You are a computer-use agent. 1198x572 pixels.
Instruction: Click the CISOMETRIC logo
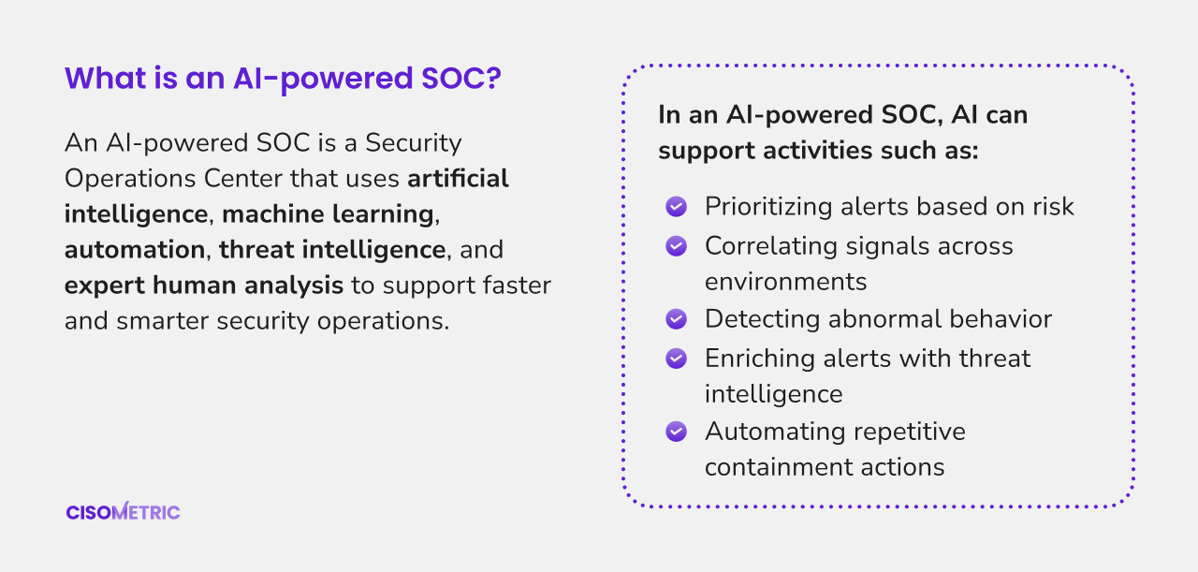click(123, 511)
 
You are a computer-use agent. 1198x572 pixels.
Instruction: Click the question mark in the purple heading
click(493, 78)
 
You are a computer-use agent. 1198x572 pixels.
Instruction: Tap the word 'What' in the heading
click(106, 78)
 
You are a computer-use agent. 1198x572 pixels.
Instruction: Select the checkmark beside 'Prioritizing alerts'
click(676, 207)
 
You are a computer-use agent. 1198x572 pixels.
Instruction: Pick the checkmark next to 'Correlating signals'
click(676, 246)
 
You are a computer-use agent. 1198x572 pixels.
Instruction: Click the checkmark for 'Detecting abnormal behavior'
click(676, 319)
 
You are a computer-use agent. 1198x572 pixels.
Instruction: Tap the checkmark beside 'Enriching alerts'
click(676, 359)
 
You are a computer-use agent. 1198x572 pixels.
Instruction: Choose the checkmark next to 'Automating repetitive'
click(676, 432)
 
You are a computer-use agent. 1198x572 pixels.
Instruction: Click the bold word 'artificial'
click(458, 178)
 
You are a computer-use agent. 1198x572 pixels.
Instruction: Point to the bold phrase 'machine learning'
click(328, 214)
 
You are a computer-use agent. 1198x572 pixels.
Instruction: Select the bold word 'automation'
click(135, 250)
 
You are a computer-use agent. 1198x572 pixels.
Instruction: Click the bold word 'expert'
click(105, 286)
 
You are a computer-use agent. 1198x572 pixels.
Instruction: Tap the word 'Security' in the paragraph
click(414, 143)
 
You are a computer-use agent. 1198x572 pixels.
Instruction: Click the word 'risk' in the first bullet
click(1053, 207)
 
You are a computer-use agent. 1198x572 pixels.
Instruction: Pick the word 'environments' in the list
click(785, 282)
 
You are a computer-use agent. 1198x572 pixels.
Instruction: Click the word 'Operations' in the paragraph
click(130, 179)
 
